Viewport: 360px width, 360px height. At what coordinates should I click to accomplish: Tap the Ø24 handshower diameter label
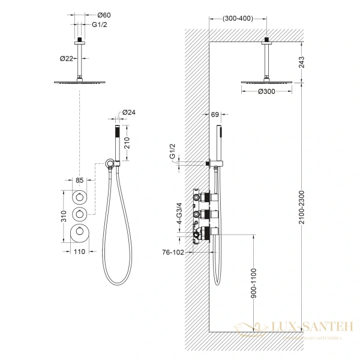pos(129,112)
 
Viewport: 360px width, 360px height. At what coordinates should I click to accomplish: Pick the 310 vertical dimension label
pos(55,215)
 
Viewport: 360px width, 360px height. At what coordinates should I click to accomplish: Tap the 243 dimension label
pos(302,61)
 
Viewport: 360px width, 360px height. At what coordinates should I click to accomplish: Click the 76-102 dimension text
pos(174,253)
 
